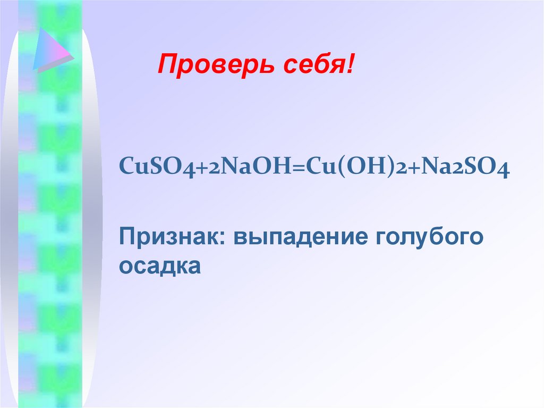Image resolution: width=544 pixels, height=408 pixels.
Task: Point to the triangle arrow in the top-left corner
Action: pos(50,51)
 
